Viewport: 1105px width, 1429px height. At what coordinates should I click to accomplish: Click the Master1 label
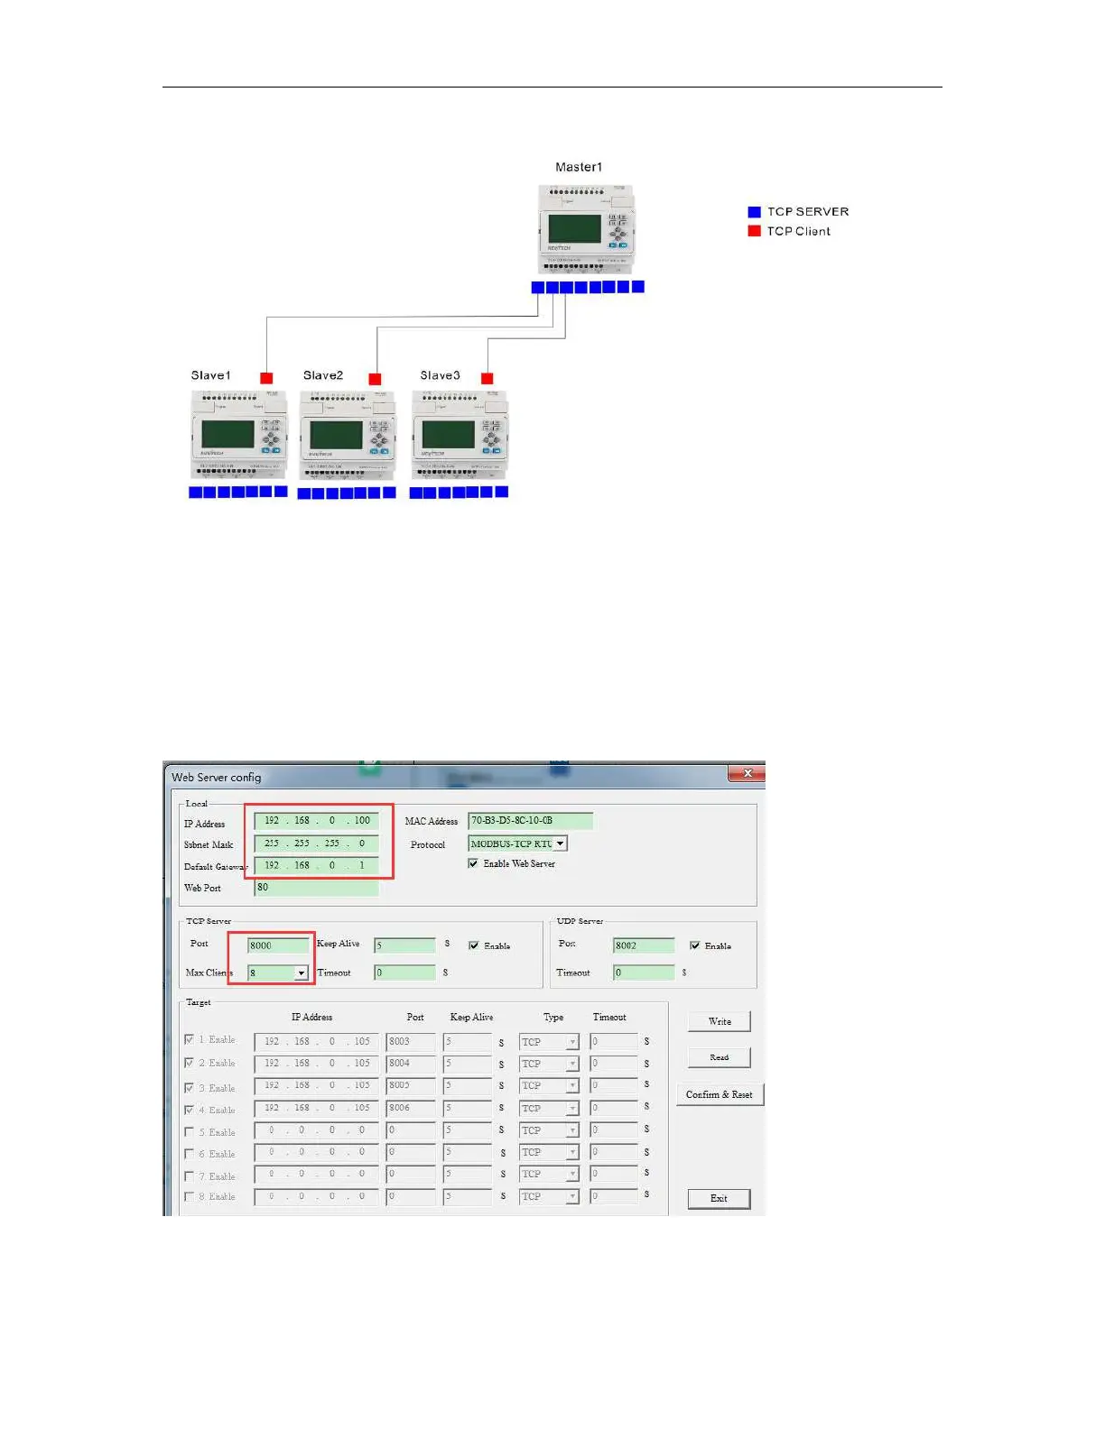pos(578,167)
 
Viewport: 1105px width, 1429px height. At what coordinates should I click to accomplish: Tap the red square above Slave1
pos(266,378)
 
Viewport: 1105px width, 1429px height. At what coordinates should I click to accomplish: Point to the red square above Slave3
pos(487,378)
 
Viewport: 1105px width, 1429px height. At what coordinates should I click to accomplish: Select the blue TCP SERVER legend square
pos(754,212)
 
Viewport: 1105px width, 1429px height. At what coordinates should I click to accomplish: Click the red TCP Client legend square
pos(754,231)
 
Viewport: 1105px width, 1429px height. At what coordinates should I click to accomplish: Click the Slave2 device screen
pos(336,436)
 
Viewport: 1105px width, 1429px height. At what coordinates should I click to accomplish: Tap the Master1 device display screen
pos(574,228)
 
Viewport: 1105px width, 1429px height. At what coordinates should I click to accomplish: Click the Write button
pos(719,1021)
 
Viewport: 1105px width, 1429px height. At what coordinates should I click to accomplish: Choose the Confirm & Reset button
pos(719,1094)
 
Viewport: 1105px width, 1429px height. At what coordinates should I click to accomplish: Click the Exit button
pos(719,1198)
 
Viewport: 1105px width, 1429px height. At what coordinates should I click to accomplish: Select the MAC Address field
pos(530,821)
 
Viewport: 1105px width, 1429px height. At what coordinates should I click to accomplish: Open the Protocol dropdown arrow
pos(561,844)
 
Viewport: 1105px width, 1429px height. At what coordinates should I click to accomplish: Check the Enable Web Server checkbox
pos(473,863)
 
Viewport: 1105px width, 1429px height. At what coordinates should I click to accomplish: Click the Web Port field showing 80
pos(316,888)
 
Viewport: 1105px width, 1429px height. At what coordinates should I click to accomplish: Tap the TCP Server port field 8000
pos(278,945)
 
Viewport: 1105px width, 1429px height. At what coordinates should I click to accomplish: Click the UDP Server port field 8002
pos(643,945)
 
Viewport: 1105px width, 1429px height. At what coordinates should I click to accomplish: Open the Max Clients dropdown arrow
pos(301,973)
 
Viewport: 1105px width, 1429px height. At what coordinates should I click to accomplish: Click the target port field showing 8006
pos(411,1108)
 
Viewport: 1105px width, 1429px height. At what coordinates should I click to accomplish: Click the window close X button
pos(747,774)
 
